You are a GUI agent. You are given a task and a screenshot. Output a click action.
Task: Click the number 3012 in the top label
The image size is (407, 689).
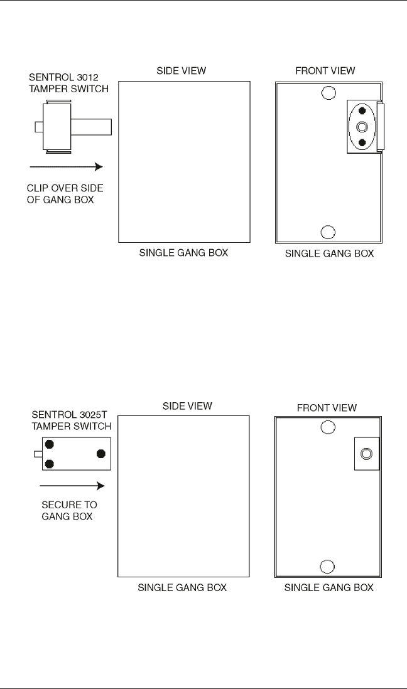[87, 78]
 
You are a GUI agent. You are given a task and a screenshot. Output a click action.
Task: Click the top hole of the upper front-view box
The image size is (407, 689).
[327, 93]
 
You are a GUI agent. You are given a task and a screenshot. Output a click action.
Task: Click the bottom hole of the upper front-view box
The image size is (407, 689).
[327, 232]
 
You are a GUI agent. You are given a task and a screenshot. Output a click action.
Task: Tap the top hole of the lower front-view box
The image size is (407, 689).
[327, 428]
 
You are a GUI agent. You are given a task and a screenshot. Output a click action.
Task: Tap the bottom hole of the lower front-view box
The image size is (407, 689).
[327, 567]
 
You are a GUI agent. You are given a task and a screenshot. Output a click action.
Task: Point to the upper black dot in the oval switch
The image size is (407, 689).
[362, 112]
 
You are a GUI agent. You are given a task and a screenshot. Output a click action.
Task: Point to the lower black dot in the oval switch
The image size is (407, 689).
[362, 142]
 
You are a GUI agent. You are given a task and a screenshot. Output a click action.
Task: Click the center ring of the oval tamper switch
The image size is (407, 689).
[362, 127]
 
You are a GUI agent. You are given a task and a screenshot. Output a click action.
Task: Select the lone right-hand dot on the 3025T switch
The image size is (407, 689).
[100, 454]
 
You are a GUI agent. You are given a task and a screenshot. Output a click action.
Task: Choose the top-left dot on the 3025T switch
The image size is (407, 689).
[49, 444]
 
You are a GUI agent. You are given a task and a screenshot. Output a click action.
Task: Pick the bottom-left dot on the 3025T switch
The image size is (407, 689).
[49, 464]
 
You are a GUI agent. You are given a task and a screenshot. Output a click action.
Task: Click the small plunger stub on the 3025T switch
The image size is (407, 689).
[38, 454]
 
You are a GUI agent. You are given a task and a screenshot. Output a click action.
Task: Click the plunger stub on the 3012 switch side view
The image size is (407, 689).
[39, 127]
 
